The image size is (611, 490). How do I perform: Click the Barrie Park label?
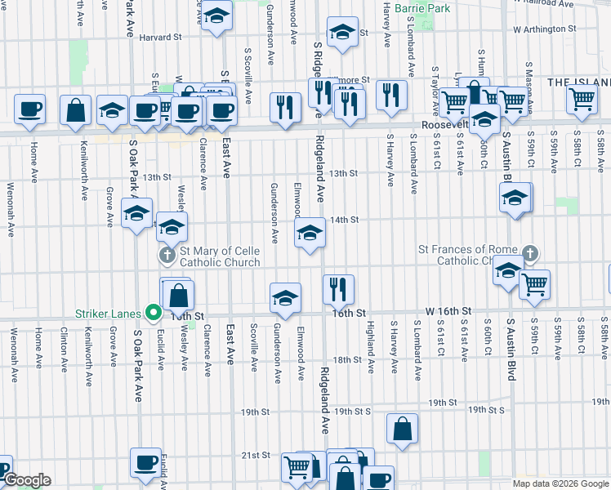point(422,8)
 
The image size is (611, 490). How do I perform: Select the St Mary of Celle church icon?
point(167,256)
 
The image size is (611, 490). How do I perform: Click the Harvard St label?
point(159,38)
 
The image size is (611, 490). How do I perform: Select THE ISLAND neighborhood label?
point(578,82)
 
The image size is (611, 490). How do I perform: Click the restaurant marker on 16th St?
point(338,287)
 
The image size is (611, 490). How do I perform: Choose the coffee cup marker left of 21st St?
point(146,461)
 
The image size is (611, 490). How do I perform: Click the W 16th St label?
point(448,312)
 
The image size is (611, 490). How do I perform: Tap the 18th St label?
point(346,359)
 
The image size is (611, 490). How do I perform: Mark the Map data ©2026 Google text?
point(560,483)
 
